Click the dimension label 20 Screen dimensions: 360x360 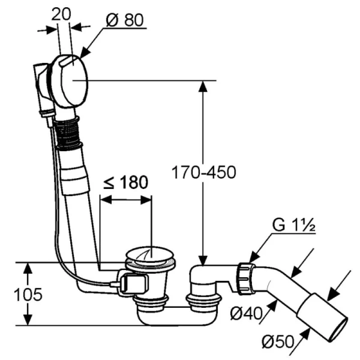pos(61,14)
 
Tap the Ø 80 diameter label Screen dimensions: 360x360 pos(125,20)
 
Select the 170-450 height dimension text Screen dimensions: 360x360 pos(203,172)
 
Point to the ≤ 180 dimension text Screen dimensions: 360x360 pos(125,182)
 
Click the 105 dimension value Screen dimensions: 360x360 pos(28,295)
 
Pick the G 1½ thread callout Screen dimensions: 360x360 pos(293,225)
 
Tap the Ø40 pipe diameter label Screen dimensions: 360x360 pos(246,314)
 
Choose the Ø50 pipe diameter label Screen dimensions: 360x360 pos(278,341)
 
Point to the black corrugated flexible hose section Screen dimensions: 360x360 pos(67,133)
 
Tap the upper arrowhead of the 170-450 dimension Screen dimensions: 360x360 pos(203,86)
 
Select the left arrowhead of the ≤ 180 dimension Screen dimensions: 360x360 pos(106,200)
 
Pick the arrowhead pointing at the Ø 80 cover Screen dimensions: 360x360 pos(84,53)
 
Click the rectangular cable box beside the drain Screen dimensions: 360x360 pos(133,283)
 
